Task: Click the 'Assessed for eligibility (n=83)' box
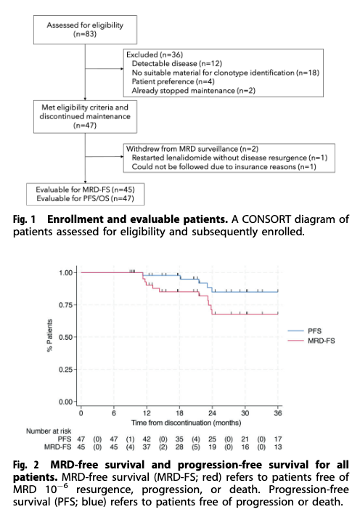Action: [x=85, y=30]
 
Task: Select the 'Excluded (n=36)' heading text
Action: [x=155, y=54]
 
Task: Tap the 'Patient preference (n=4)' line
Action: [x=173, y=81]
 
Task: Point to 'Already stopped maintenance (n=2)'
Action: [x=194, y=91]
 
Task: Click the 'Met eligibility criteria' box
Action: [x=85, y=117]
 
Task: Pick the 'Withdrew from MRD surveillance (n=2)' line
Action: [x=192, y=149]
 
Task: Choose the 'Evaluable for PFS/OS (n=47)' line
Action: [x=85, y=199]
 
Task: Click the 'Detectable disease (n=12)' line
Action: [x=177, y=63]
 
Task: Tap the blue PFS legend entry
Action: [x=305, y=331]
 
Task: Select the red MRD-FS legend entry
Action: [x=311, y=341]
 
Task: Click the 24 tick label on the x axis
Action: [x=212, y=413]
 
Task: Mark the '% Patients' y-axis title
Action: [x=50, y=336]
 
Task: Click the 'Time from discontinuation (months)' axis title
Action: [x=186, y=423]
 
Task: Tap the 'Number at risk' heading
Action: [x=49, y=431]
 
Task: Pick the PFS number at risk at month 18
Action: [x=179, y=439]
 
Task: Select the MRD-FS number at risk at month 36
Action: [x=278, y=447]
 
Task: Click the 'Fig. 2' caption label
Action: [x=26, y=465]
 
